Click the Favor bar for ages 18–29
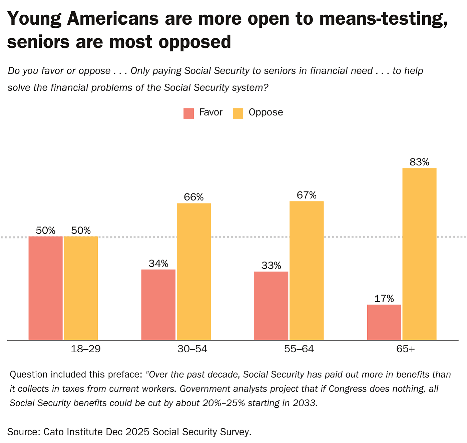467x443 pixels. tap(45, 288)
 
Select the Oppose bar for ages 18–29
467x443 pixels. tap(81, 288)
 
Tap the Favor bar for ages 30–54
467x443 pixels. tap(158, 305)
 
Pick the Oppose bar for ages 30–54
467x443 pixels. tap(193, 272)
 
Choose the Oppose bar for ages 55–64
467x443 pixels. tap(306, 271)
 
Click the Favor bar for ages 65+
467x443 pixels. tap(384, 322)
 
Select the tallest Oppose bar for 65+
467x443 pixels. tap(419, 254)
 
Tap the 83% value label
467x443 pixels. tap(419, 162)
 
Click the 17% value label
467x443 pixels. tap(384, 299)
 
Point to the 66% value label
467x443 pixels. tap(193, 197)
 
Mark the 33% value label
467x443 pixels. tap(271, 266)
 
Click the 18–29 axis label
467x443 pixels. tap(86, 349)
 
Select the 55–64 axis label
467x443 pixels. tap(299, 349)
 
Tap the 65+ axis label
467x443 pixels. tap(406, 349)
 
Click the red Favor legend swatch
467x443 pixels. tap(188, 113)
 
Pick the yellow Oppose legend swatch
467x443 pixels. tap(238, 113)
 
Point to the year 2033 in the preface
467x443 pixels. tap(304, 403)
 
